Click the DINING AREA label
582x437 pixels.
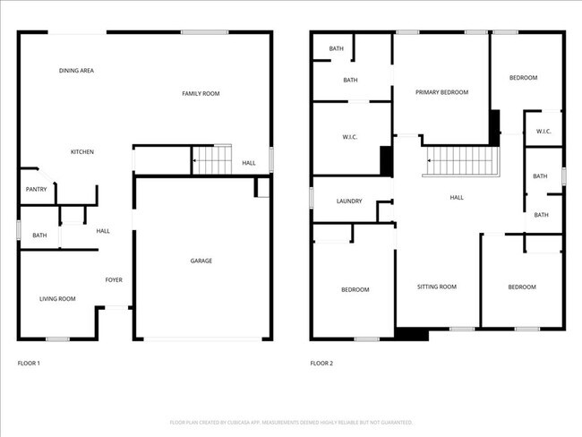coord(76,71)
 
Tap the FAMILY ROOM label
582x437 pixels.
coord(201,93)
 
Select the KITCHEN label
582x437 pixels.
coord(82,152)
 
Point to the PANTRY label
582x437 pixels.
coord(36,189)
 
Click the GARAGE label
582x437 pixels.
coord(201,261)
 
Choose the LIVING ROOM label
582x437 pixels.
coord(56,299)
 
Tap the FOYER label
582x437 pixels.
coord(114,280)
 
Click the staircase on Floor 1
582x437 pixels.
coord(212,161)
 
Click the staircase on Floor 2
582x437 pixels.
coord(461,162)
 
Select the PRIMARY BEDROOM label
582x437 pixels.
coord(441,92)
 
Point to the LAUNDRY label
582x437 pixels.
coord(349,201)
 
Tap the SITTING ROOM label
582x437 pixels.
coord(437,287)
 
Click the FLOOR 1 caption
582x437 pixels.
coord(29,364)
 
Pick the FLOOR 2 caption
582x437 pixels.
coord(321,364)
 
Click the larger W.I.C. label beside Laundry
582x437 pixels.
coord(350,137)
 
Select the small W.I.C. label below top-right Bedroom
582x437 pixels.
coord(543,133)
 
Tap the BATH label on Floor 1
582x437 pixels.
coord(39,236)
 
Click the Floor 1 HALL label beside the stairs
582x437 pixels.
coord(249,163)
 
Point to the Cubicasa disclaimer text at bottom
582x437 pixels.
coord(291,422)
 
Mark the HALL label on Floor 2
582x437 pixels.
coord(457,198)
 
